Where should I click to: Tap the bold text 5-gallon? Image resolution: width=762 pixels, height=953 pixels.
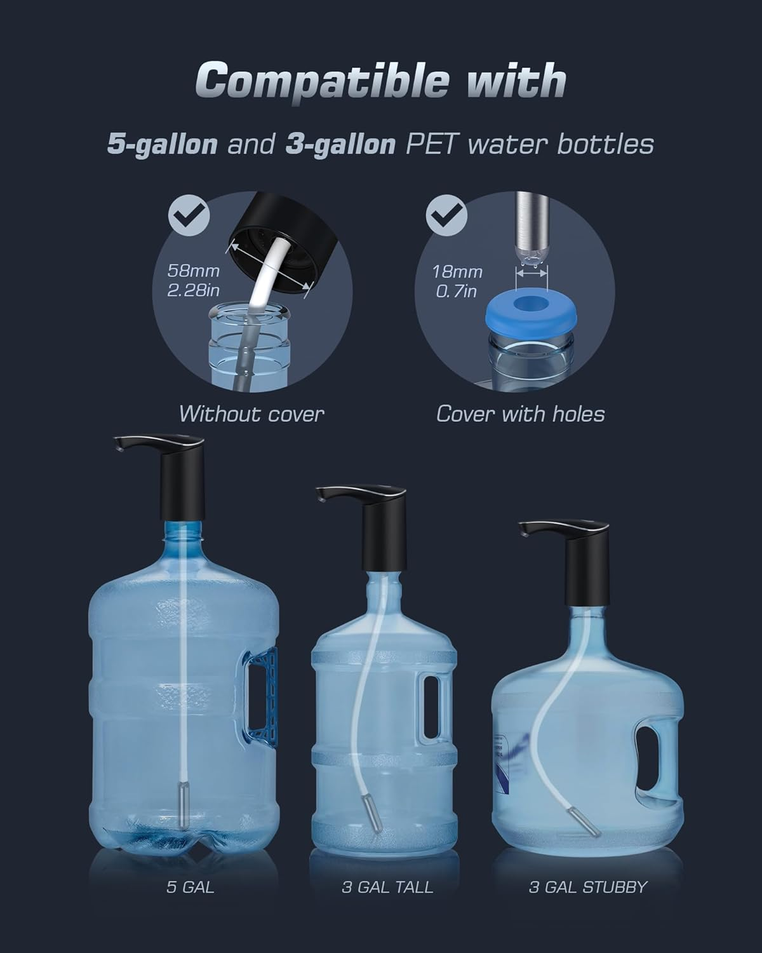click(x=162, y=144)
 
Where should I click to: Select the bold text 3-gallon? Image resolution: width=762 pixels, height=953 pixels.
click(x=340, y=144)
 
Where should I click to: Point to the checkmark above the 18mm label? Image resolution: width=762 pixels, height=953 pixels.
click(x=444, y=217)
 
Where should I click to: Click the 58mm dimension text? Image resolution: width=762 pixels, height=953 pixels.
click(x=193, y=271)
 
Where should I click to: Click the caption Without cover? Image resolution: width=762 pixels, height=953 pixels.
click(x=251, y=414)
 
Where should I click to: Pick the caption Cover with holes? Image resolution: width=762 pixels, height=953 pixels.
click(x=520, y=414)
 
